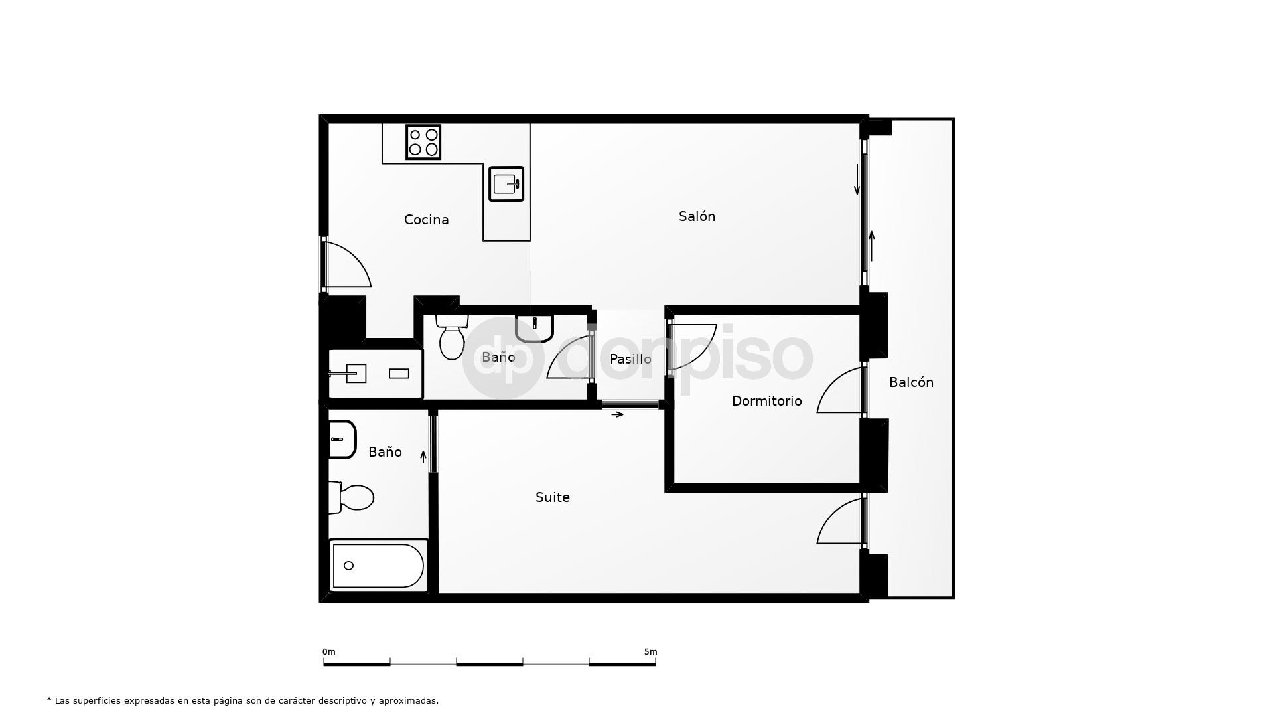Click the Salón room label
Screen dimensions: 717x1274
[x=697, y=216]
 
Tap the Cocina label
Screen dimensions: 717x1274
[x=426, y=220]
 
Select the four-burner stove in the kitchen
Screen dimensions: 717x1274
[x=423, y=142]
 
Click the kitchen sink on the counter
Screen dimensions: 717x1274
[x=506, y=183]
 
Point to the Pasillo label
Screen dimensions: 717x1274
[x=630, y=359]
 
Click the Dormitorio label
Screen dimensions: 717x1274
[x=766, y=401]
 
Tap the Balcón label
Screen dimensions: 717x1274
[x=911, y=382]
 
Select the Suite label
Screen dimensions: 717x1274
[x=552, y=497]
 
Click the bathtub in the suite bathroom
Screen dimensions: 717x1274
[x=378, y=566]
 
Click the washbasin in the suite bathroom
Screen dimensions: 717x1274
[x=342, y=439]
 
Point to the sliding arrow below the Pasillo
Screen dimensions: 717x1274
[x=617, y=414]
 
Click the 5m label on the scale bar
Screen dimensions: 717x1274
[x=650, y=652]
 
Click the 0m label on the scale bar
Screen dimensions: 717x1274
[x=329, y=652]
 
